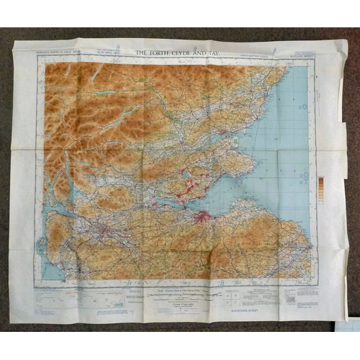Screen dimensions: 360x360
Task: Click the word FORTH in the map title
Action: [157, 53]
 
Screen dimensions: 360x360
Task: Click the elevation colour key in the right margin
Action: [320, 189]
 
